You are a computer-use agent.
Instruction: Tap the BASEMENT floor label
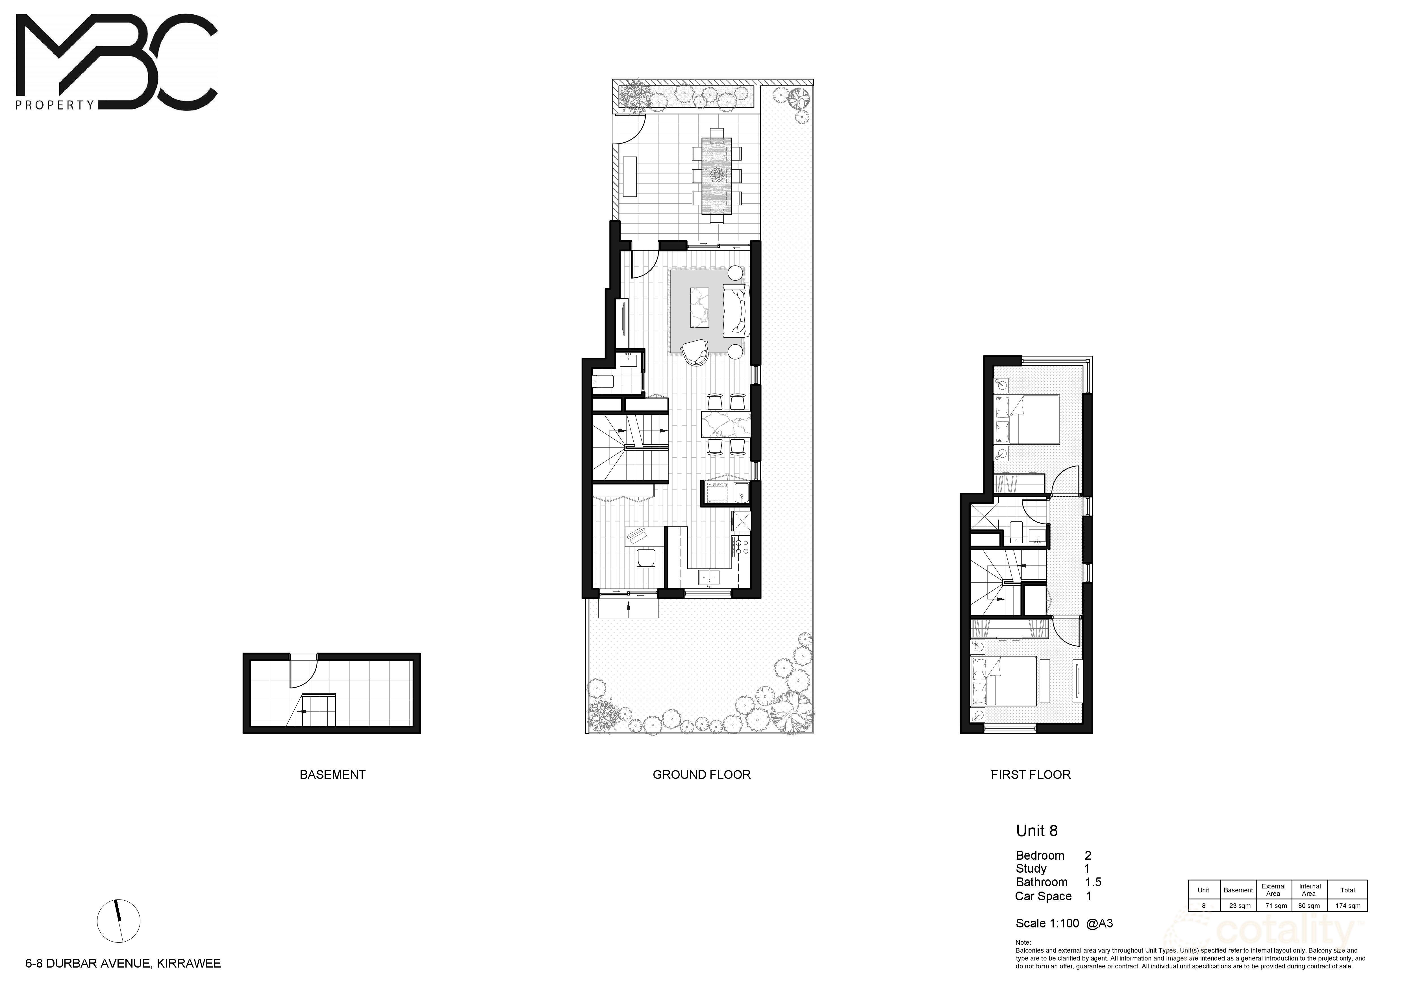pos(332,775)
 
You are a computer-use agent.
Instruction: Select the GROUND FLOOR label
pos(702,775)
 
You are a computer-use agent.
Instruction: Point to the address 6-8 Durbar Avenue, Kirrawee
pos(123,964)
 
